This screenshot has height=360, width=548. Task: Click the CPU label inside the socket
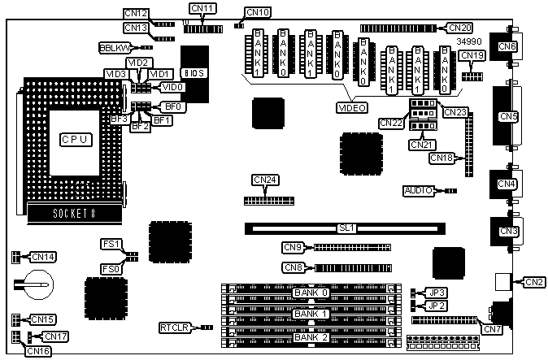[74, 140]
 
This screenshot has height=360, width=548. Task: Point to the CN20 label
[459, 28]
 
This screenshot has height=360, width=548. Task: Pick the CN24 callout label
[265, 180]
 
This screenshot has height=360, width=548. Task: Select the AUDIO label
[419, 191]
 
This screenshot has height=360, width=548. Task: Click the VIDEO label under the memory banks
[352, 107]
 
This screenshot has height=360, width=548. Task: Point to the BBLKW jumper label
[113, 48]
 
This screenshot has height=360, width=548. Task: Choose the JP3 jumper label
[437, 292]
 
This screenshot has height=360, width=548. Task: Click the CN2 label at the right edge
[534, 282]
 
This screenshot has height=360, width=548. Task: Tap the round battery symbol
[34, 284]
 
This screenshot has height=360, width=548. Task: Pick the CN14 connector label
[42, 257]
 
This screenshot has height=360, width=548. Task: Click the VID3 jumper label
[115, 74]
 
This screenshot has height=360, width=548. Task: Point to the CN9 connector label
[294, 247]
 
